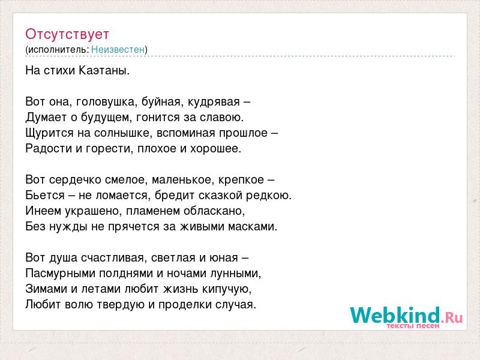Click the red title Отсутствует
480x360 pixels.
tap(67, 34)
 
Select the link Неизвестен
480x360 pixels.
tap(118, 49)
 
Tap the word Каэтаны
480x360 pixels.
tap(104, 71)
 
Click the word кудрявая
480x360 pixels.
tap(214, 102)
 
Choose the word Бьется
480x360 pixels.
tap(45, 195)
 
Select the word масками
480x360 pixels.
tap(251, 227)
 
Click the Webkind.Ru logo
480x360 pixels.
tap(406, 316)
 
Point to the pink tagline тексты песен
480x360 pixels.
tap(413, 326)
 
